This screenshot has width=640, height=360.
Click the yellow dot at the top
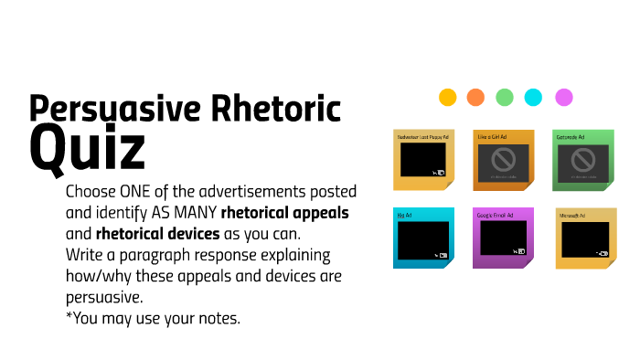pos(447,97)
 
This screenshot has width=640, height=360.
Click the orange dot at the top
pos(475,97)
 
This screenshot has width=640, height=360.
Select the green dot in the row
pos(505,97)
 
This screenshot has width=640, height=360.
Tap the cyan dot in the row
pos(533,97)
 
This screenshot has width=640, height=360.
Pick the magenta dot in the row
pos(564,97)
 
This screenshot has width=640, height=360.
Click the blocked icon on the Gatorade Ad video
pos(584,160)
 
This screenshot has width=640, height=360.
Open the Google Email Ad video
pos(502,239)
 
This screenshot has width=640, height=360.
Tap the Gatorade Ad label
pos(571,137)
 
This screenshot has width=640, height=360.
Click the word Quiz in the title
pos(87,148)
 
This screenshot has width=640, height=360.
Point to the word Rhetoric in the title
pos(281,108)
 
